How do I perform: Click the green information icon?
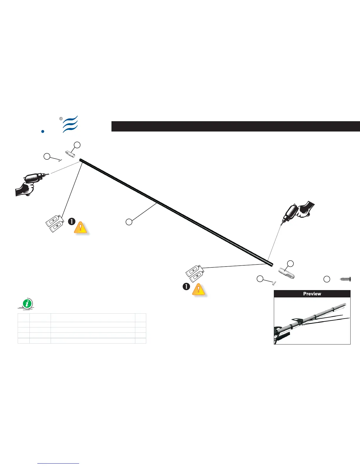tap(27, 303)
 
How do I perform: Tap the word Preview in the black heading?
tap(312, 294)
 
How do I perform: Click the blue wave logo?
tap(70, 124)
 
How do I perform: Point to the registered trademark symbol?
tap(61, 119)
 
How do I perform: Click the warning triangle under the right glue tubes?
tap(199, 289)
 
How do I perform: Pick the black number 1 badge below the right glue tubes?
tap(186, 286)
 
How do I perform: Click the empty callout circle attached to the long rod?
tap(129, 222)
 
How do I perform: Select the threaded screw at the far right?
tap(346, 279)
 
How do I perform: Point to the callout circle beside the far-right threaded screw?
tap(326, 279)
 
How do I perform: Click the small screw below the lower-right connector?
tap(274, 283)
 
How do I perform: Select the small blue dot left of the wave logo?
tap(43, 132)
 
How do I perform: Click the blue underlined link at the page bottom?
tap(59, 464)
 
